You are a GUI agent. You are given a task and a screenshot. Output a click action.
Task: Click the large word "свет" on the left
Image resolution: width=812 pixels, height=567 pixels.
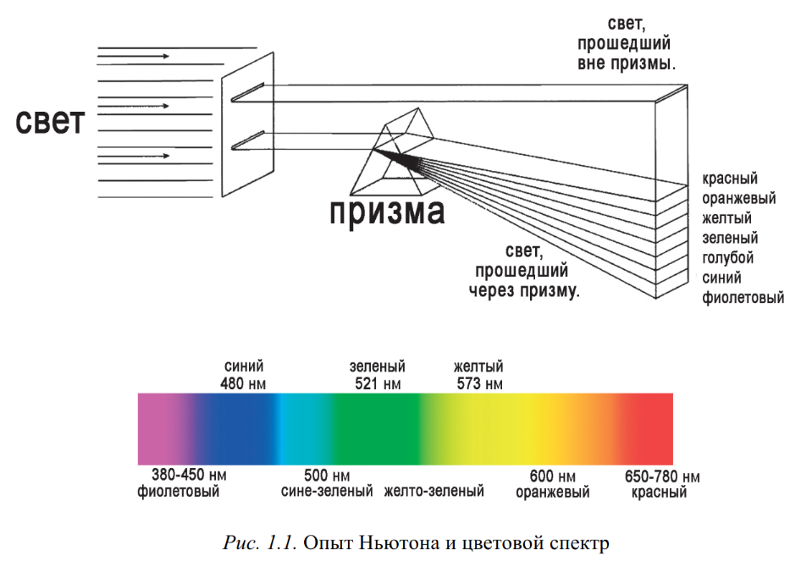click(x=51, y=122)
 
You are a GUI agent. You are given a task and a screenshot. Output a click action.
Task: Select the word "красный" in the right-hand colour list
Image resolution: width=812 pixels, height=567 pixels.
click(x=730, y=179)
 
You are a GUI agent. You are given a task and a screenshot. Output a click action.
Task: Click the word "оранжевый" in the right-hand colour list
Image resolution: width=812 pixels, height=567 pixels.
click(x=739, y=199)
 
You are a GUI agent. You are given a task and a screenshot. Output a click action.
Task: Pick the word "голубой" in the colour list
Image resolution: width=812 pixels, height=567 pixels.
click(x=728, y=258)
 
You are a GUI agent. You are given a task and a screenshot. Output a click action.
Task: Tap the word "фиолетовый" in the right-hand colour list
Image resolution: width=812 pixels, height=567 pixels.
click(x=743, y=298)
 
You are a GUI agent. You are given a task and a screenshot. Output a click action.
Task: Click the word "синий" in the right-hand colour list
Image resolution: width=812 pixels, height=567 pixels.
click(x=722, y=278)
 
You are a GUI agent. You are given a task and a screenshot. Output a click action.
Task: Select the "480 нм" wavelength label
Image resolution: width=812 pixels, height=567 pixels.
click(x=244, y=383)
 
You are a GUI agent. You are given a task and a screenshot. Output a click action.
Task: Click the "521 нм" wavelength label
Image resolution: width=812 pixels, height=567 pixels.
click(x=377, y=383)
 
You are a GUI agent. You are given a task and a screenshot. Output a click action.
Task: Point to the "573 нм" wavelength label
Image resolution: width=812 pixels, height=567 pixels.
click(x=478, y=383)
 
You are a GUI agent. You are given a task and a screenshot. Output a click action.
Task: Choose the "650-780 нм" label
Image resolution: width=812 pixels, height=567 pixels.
click(x=662, y=476)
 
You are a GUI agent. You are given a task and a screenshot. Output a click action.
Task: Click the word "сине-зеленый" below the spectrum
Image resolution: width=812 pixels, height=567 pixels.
click(x=327, y=492)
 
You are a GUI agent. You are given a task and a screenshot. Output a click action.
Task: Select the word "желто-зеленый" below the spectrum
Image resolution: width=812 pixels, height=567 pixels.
click(x=434, y=492)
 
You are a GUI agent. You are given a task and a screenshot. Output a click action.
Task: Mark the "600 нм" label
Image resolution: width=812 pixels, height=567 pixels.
click(x=553, y=476)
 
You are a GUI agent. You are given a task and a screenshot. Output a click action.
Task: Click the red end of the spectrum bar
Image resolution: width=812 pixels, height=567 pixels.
click(x=652, y=428)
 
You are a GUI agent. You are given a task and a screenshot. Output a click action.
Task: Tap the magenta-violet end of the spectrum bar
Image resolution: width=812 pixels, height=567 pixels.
click(x=157, y=428)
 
